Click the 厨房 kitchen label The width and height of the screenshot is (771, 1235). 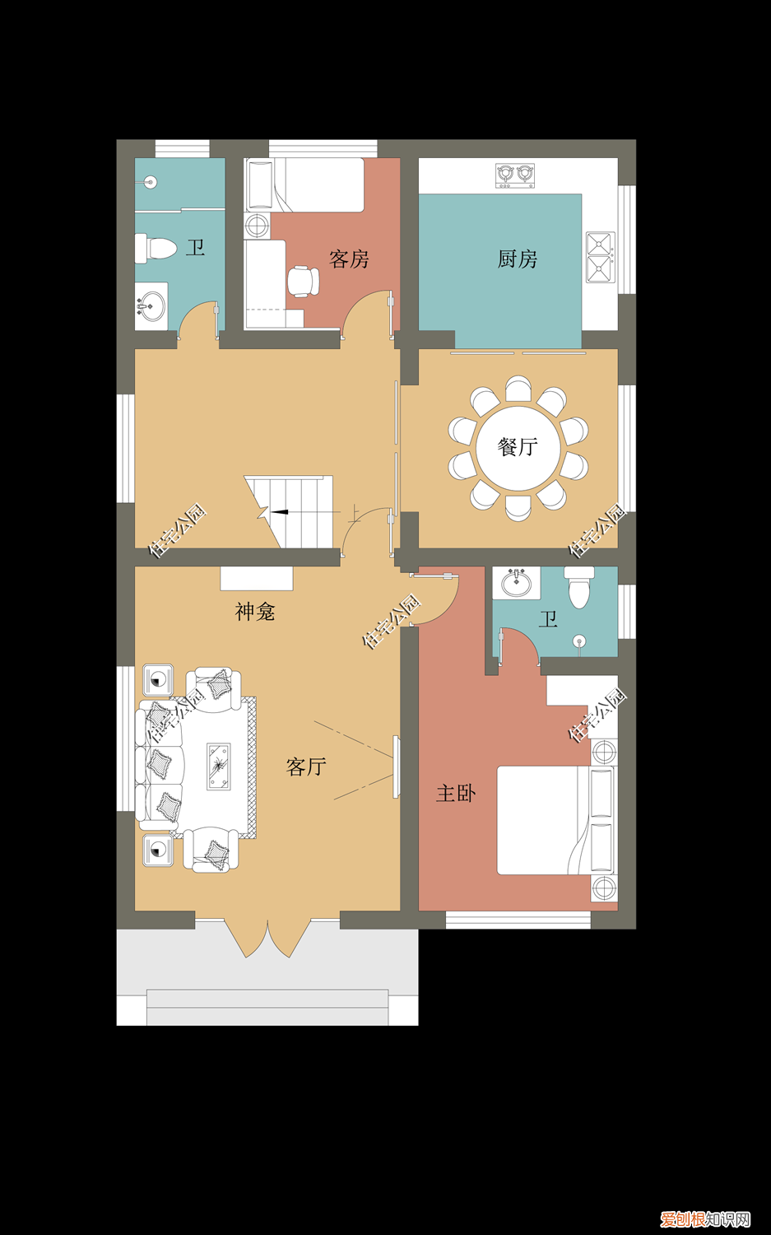tap(518, 259)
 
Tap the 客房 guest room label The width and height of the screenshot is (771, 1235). tap(349, 259)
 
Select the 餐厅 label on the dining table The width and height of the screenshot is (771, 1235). tap(518, 447)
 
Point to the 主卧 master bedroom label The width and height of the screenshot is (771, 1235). tap(456, 794)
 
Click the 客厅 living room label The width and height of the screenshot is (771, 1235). tap(306, 767)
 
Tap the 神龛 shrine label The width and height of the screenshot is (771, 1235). tap(255, 612)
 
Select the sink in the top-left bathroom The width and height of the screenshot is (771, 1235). tap(151, 306)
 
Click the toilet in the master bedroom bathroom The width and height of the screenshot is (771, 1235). tap(579, 587)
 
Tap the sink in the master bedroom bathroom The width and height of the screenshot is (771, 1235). tap(517, 583)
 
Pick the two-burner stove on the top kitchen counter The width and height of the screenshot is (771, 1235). tap(515, 175)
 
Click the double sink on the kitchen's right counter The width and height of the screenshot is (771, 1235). tap(600, 258)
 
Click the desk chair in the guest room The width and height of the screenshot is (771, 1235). tap(303, 281)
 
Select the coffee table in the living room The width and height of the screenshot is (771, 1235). tap(219, 767)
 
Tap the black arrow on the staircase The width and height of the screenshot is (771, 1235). tap(280, 512)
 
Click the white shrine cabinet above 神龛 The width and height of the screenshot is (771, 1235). tap(257, 578)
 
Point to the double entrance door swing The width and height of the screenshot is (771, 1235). tap(268, 939)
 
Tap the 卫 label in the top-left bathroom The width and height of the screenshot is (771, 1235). tap(196, 247)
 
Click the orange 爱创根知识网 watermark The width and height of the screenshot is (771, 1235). tap(706, 1219)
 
